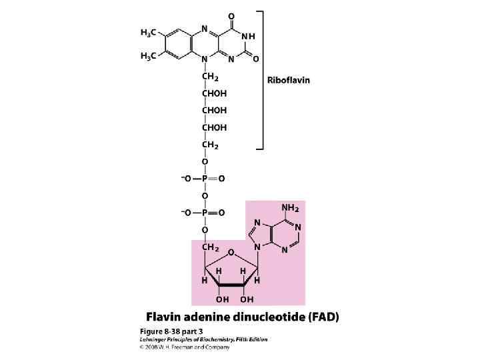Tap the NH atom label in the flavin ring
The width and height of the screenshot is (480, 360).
(248, 35)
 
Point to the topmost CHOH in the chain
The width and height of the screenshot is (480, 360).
(214, 95)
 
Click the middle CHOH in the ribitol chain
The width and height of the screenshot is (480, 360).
(214, 111)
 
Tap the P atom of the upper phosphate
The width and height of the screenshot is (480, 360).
(205, 179)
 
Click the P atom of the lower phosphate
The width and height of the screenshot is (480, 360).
(205, 213)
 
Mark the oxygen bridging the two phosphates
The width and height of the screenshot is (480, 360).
(205, 196)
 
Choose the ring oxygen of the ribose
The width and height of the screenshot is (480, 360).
(230, 253)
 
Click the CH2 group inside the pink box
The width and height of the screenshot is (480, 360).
(211, 248)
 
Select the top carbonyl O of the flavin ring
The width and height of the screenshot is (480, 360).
(249, 16)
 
